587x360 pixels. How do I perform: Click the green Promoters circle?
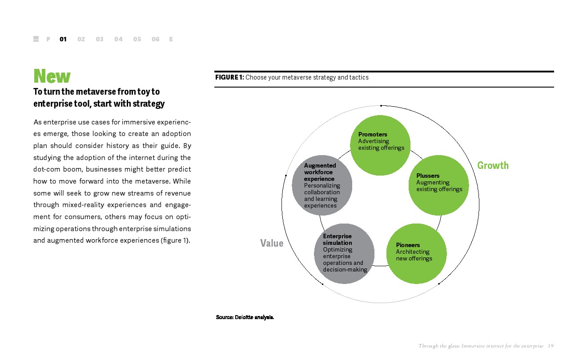point(380,146)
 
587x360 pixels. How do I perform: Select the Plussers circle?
point(438,185)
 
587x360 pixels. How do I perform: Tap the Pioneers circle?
point(416,254)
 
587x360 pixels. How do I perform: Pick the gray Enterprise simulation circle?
point(344,254)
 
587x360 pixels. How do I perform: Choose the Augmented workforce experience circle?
point(322,185)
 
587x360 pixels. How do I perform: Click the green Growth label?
point(493,165)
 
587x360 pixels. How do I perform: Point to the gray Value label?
point(272,243)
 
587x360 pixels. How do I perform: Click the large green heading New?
point(52,76)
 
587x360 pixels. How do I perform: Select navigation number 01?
point(63,39)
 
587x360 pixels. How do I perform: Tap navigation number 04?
point(118,39)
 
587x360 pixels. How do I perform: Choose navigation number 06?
point(155,39)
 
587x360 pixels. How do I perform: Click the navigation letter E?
point(171,39)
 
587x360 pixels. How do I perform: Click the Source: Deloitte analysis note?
point(245,317)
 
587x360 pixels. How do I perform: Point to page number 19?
point(551,346)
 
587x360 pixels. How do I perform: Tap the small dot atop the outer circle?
point(381,105)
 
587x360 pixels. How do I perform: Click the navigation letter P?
point(48,39)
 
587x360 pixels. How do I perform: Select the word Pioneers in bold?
point(408,245)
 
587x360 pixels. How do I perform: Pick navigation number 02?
point(81,39)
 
